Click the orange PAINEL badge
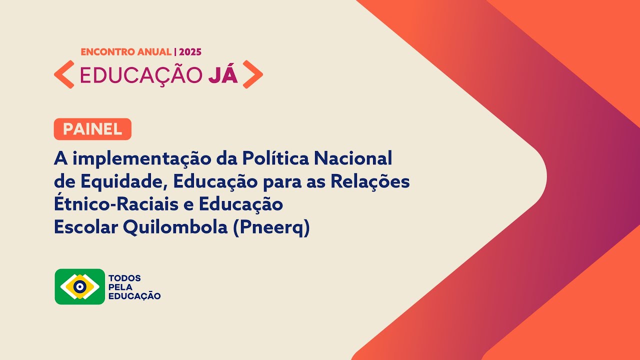pos(92,129)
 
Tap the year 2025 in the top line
pos(190,51)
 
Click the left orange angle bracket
pos(64,74)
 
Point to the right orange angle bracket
pos(252,74)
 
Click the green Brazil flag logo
pos(80,286)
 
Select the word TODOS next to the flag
pos(124,278)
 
